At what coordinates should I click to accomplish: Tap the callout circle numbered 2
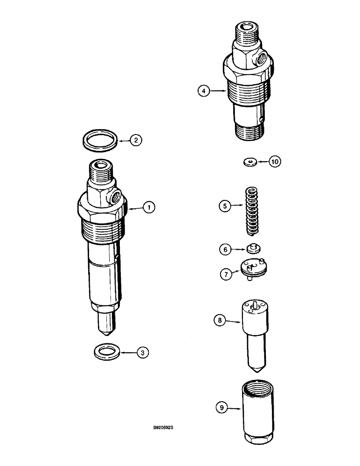tap(135, 139)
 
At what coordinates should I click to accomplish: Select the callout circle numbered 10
tap(275, 162)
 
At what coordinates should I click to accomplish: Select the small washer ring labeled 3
tap(106, 350)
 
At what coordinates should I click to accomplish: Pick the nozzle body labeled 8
tap(254, 331)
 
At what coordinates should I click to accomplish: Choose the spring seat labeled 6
tap(253, 248)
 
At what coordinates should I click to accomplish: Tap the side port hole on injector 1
tap(114, 196)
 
